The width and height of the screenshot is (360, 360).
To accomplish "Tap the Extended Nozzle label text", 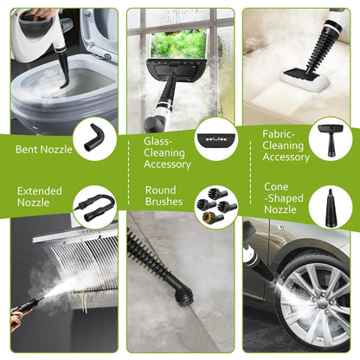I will [x=39, y=196].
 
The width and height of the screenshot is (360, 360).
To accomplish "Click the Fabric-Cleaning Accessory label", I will [x=286, y=145].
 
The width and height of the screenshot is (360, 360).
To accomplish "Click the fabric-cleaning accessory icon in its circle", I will [x=330, y=138].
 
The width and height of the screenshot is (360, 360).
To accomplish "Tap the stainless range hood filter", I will [x=78, y=260].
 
